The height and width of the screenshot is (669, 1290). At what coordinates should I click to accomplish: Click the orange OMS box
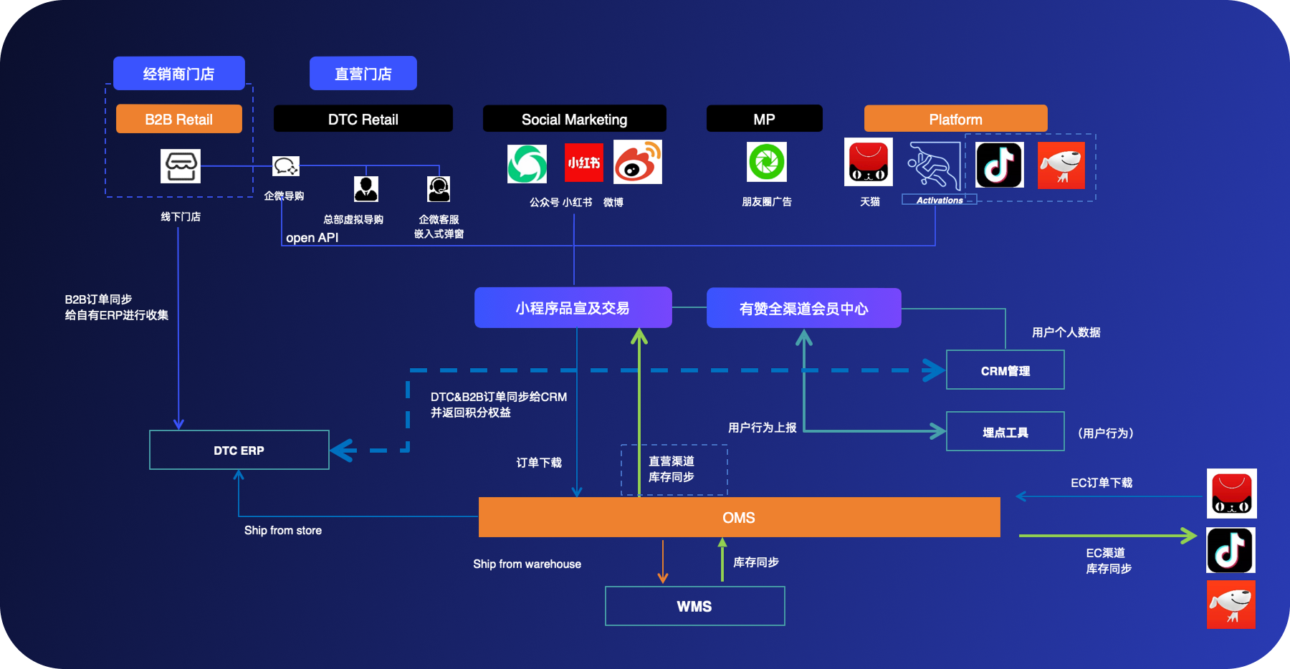[x=739, y=517]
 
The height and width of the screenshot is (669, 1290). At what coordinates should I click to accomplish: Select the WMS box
[x=694, y=606]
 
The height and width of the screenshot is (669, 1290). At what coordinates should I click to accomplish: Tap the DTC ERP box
[x=239, y=450]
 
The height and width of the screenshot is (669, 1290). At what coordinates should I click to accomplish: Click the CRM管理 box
[x=1005, y=370]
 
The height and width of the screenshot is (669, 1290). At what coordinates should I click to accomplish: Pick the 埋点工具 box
[x=1005, y=432]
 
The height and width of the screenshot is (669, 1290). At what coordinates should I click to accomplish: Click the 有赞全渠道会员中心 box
[x=803, y=308]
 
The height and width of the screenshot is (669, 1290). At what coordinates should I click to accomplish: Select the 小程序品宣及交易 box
[x=573, y=308]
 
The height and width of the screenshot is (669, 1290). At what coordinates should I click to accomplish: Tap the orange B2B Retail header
[x=178, y=119]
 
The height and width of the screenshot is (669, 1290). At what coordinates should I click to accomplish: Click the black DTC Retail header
[x=363, y=119]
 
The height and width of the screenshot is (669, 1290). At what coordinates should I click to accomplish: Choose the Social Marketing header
[x=574, y=119]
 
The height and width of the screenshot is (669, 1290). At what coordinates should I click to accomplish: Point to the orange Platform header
[x=955, y=119]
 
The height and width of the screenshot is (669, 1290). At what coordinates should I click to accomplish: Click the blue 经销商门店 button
[x=178, y=73]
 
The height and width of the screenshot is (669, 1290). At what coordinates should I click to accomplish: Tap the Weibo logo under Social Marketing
[x=637, y=163]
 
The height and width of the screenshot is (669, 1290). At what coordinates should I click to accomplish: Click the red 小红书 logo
[x=583, y=163]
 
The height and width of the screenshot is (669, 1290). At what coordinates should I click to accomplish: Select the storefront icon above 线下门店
[x=181, y=166]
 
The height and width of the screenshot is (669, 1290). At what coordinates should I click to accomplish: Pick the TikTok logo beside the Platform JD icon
[x=999, y=165]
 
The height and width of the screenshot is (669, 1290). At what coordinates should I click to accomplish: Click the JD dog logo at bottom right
[x=1231, y=605]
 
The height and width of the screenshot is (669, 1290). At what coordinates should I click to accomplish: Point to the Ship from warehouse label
[x=527, y=564]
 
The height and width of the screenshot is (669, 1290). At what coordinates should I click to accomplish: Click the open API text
[x=312, y=238]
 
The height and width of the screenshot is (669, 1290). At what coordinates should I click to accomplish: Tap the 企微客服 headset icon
[x=439, y=189]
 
